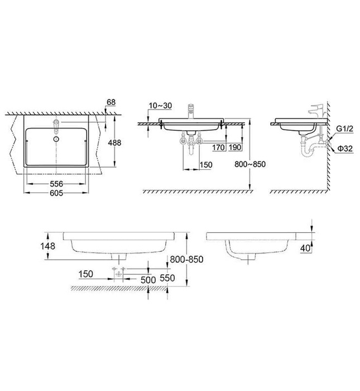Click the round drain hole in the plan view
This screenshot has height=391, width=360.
pos(56,136)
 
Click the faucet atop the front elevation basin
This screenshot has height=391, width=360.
pos(192,109)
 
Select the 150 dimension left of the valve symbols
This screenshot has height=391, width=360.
pos(85,274)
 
